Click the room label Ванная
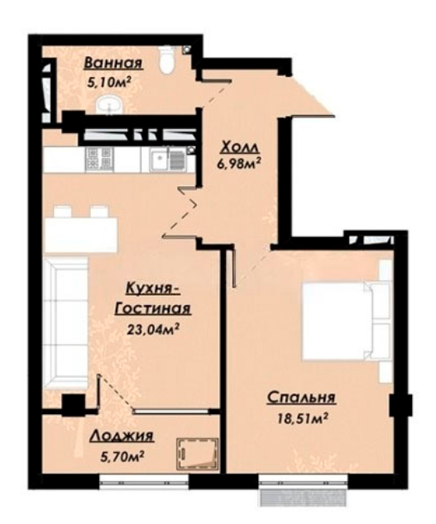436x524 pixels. point(113,64)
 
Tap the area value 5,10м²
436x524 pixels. point(108,82)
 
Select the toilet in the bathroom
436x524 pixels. point(166,60)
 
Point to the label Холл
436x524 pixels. point(241,147)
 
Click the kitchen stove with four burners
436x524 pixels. point(99,158)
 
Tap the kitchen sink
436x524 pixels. point(167,159)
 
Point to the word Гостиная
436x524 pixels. point(153,309)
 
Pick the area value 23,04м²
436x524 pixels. point(152,330)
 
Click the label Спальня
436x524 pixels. point(301,398)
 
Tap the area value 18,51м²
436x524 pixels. point(302,418)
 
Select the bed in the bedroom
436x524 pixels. point(347,322)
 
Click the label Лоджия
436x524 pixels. point(122,436)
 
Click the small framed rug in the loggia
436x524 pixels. point(198,455)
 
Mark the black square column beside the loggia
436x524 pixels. point(74,405)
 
